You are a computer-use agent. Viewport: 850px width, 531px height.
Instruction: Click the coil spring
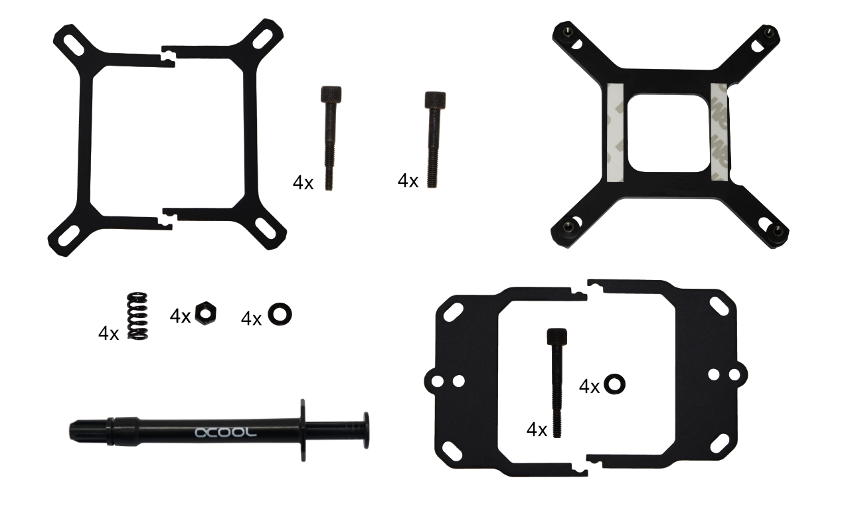[x=137, y=315]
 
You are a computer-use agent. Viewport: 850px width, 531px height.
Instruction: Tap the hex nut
[x=206, y=313]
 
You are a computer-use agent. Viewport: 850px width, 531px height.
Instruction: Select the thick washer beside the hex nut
[x=280, y=314]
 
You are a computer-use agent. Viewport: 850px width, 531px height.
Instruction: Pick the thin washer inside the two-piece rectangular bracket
[x=614, y=384]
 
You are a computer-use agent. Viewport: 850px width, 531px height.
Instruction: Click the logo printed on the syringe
[x=225, y=432]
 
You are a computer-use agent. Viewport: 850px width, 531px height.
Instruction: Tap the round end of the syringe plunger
[x=366, y=430]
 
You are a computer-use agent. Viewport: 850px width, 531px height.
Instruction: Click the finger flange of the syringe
[x=303, y=430]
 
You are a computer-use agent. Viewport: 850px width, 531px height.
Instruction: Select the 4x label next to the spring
[x=108, y=333]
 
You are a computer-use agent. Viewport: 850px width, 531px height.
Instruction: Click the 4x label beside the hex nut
[x=180, y=316]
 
